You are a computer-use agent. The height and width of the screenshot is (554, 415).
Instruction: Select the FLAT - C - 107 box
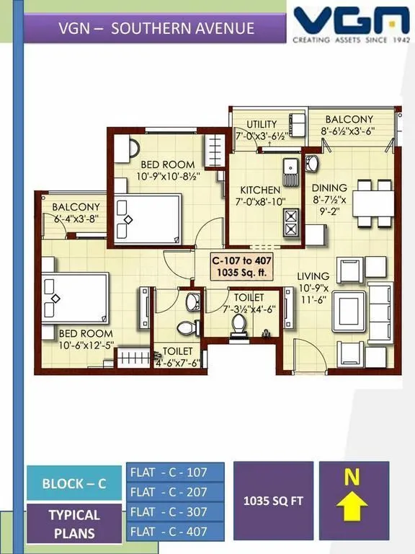coord(175,472)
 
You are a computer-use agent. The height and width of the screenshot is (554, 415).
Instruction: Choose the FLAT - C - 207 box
coord(175,492)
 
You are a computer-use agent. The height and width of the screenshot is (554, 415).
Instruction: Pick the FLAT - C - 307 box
coord(175,511)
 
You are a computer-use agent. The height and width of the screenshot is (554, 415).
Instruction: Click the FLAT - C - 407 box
coord(175,532)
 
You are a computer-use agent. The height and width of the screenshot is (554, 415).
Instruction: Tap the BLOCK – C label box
coord(74,483)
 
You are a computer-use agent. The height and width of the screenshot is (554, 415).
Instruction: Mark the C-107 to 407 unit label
coord(240,266)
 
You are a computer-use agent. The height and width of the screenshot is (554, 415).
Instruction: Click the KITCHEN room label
coord(260,190)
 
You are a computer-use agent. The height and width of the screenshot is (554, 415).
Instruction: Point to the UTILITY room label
coord(262,124)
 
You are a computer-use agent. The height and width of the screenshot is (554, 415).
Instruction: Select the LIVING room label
coord(313,276)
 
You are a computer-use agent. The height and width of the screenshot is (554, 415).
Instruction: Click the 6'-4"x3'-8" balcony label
coord(76,212)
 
